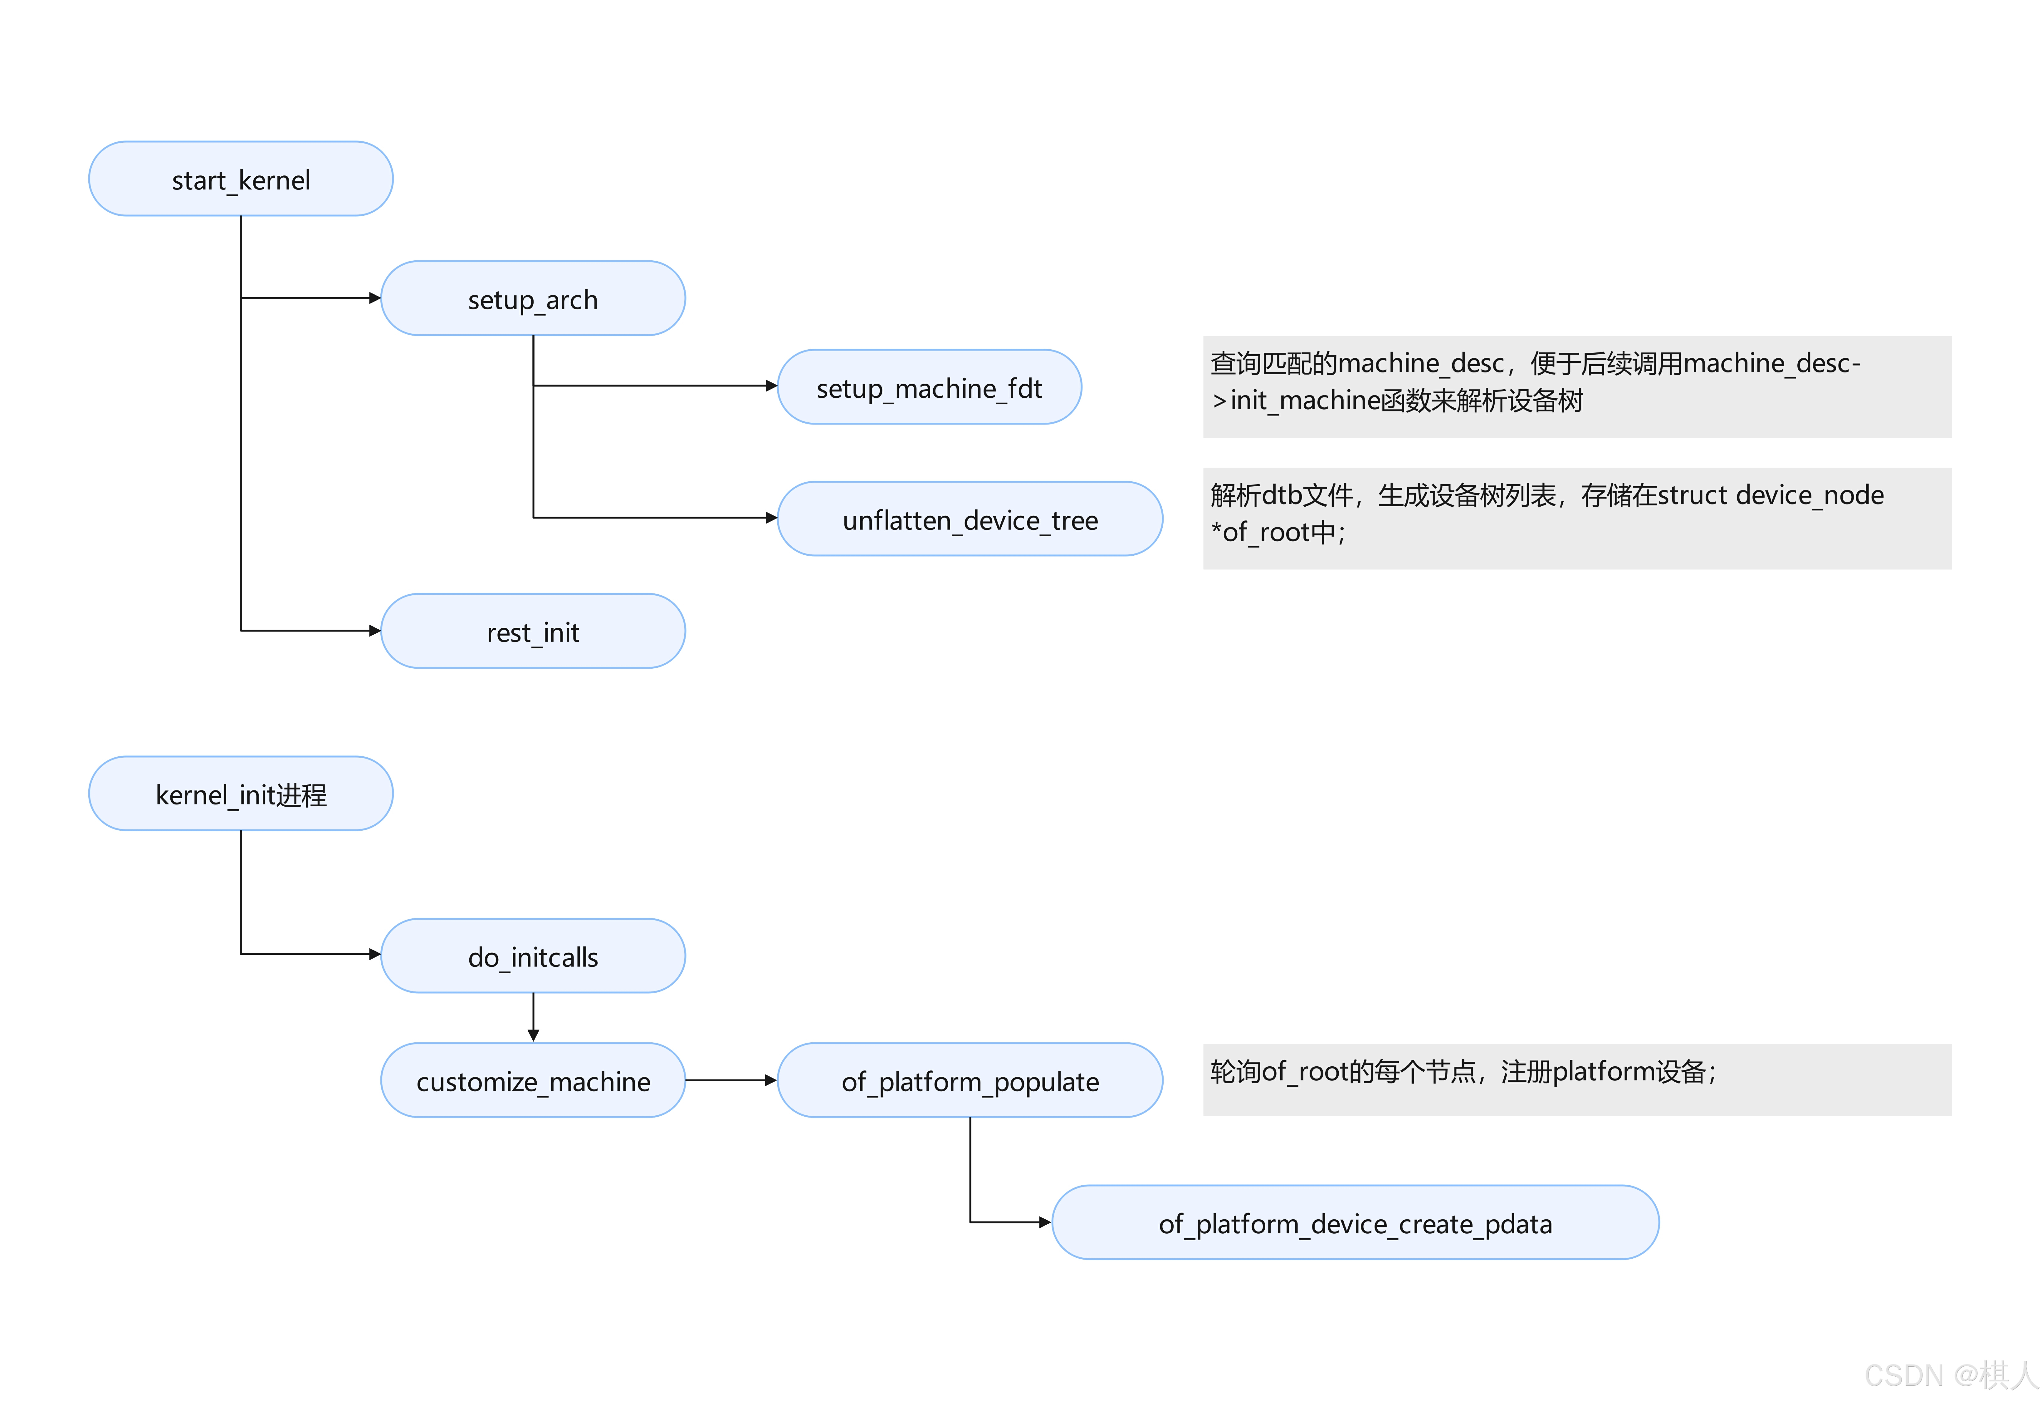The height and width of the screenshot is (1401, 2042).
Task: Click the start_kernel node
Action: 241,179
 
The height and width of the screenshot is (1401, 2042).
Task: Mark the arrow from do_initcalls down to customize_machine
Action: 533,1018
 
